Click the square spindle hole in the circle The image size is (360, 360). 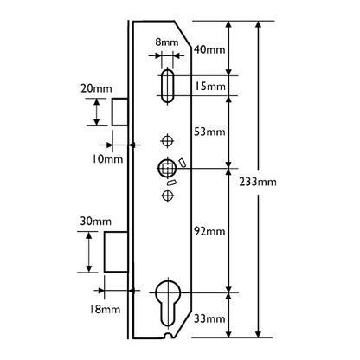click(164, 167)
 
